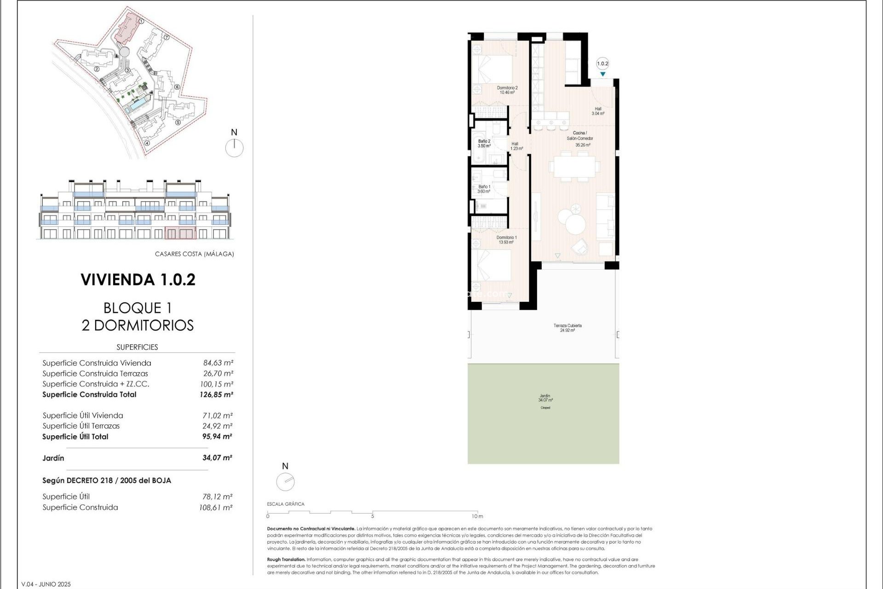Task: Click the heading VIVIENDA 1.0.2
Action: (138, 280)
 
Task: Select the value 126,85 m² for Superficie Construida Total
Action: (216, 394)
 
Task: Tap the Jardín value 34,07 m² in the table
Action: (217, 458)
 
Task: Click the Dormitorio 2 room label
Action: (507, 90)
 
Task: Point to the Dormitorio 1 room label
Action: (506, 240)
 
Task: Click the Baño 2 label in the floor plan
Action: (484, 144)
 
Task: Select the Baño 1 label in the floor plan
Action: (484, 189)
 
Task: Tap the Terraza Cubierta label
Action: (568, 328)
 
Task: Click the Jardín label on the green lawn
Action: (545, 398)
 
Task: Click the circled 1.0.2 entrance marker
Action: (602, 64)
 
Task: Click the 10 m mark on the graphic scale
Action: (477, 516)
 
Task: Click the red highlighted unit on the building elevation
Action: (180, 233)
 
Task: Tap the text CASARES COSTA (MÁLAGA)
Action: (194, 254)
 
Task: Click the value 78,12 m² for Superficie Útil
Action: (217, 497)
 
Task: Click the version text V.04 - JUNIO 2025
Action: (46, 584)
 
